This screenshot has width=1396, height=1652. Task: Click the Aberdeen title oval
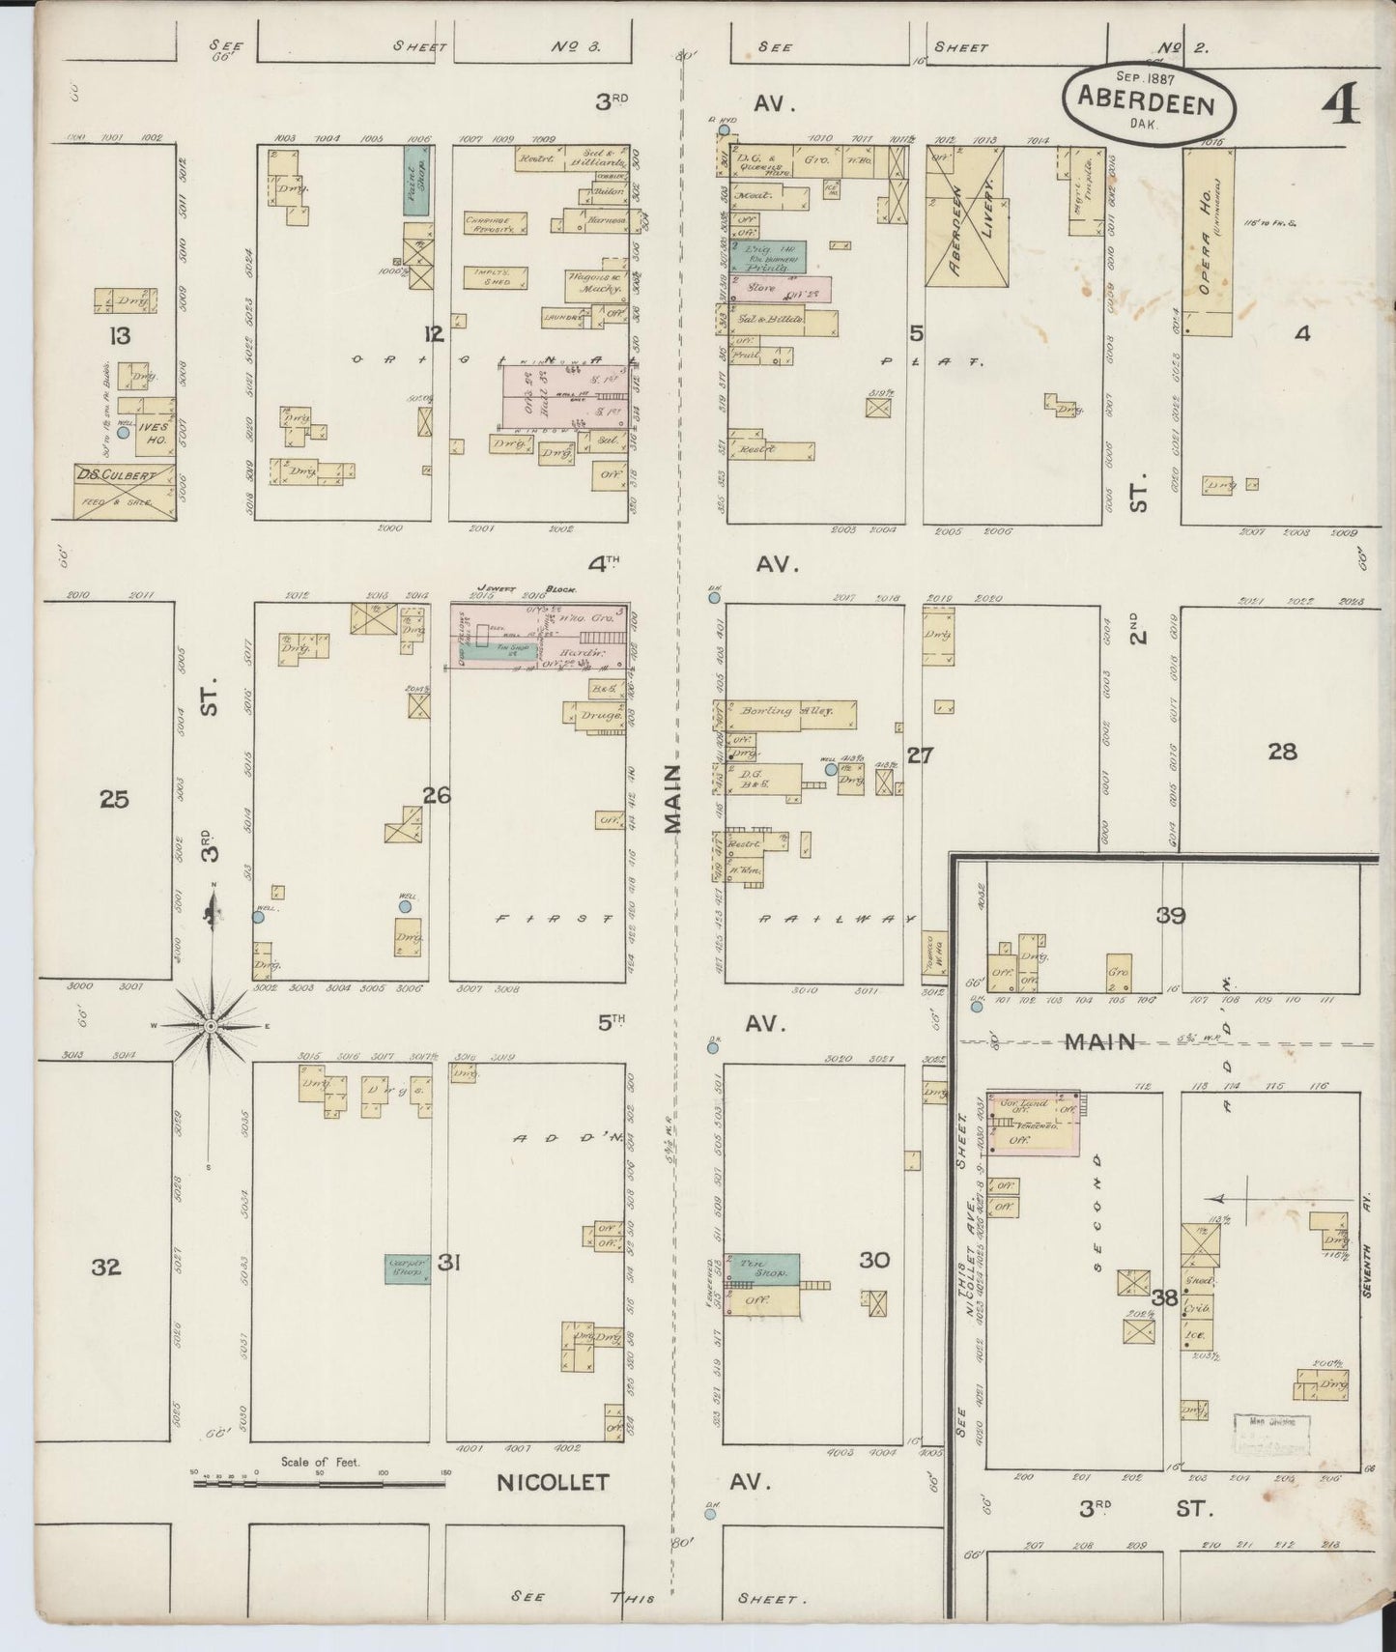(1150, 105)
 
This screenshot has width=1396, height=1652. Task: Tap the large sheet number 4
(1338, 103)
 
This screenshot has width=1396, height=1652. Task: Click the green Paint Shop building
(416, 180)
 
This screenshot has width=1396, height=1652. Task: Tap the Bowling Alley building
(794, 713)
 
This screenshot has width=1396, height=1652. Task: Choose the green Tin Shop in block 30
(763, 1267)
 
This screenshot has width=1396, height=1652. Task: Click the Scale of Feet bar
(318, 1481)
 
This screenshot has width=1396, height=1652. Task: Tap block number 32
(106, 1266)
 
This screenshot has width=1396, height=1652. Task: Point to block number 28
(1282, 751)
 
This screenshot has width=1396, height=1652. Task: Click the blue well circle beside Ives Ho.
(123, 433)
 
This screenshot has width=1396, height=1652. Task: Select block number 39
(1171, 914)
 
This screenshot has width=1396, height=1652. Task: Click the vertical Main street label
(672, 797)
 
